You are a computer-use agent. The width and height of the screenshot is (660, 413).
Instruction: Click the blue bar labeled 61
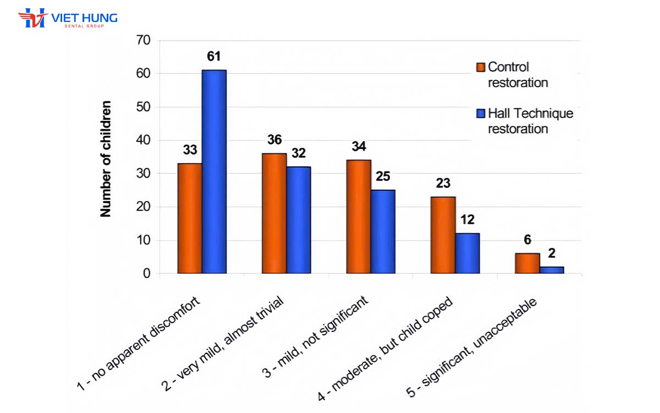tap(214, 172)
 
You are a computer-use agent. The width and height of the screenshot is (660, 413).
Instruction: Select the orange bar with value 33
tap(190, 218)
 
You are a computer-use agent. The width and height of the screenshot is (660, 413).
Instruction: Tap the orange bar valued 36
tap(274, 213)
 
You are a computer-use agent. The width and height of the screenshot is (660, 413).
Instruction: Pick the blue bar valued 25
tap(383, 232)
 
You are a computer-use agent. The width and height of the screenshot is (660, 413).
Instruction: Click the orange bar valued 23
tap(443, 235)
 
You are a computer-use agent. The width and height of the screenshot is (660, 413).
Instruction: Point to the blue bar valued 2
tap(552, 270)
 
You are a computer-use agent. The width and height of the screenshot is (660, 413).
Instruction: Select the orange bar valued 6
tap(527, 263)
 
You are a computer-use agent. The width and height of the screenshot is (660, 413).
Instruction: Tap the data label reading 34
tap(358, 147)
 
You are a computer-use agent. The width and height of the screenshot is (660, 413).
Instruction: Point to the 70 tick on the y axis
tap(142, 40)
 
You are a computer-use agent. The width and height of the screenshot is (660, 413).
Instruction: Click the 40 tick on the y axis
tap(142, 140)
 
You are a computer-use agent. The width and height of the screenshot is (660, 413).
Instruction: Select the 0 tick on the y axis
tap(146, 273)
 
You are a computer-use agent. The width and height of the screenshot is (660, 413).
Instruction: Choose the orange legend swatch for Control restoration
tap(480, 67)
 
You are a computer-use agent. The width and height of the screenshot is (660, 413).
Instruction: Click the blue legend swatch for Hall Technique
tap(480, 114)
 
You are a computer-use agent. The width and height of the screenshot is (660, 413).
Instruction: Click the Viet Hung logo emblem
tap(32, 18)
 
